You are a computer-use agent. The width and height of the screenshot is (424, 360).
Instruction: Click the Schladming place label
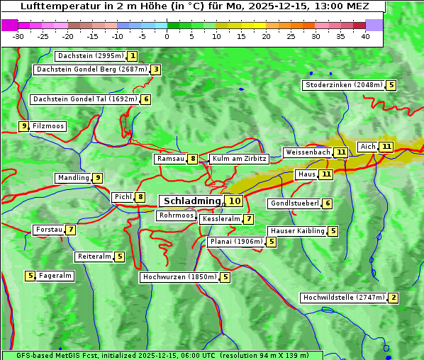coord(192,201)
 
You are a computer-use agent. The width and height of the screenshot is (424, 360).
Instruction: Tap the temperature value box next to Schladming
coord(235,201)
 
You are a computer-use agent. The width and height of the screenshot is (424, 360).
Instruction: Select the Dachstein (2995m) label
coord(90,56)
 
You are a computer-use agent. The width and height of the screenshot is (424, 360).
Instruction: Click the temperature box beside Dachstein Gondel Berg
coord(155,69)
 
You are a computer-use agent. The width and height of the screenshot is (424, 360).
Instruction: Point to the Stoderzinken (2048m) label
coord(343,85)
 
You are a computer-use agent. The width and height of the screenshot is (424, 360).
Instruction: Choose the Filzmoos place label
coord(48,126)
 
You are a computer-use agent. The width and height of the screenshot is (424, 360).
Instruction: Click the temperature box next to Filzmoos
coord(23,126)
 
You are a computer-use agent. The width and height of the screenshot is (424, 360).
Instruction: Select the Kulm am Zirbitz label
coord(239,159)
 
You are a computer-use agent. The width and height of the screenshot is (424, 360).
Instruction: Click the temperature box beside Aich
coord(386,147)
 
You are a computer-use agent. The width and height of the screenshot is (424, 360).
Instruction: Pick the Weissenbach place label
coord(307,152)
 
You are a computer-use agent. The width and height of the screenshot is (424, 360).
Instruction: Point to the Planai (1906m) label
coord(236,242)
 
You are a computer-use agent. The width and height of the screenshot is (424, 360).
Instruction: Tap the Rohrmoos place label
coord(176,215)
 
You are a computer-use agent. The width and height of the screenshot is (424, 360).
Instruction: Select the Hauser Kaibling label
coord(297,231)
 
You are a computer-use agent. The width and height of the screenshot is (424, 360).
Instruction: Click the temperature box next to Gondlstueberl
coord(327,203)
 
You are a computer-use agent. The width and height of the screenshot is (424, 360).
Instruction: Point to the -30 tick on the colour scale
coord(18,36)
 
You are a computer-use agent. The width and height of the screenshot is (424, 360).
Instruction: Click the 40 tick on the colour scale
coord(365,36)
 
